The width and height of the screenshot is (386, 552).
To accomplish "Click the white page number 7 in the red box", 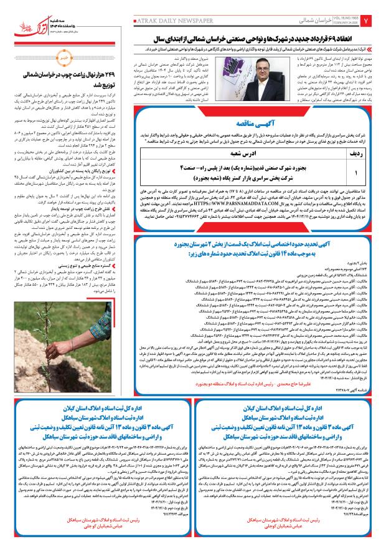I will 374,20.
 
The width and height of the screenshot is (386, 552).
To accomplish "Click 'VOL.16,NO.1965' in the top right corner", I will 346,16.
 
